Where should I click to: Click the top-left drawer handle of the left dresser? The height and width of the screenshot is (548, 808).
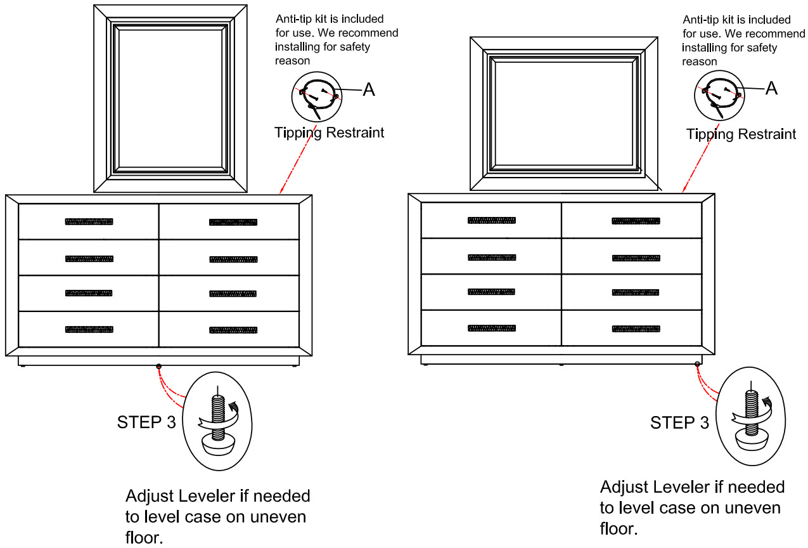tap(89, 221)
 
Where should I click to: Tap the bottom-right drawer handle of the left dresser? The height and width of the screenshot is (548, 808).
tap(233, 330)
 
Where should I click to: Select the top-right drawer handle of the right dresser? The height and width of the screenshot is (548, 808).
tap(636, 221)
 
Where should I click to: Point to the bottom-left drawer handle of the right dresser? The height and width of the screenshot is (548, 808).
tap(492, 328)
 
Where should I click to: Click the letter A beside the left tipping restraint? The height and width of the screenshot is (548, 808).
tap(369, 89)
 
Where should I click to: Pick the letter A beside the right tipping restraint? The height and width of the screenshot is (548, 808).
tap(772, 88)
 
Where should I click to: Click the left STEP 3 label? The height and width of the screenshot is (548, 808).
tap(146, 422)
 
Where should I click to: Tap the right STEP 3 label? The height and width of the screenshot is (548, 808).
tap(679, 422)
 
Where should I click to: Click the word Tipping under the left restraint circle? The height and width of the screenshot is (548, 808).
tap(298, 133)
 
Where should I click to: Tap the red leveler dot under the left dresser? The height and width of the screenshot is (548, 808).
tap(158, 367)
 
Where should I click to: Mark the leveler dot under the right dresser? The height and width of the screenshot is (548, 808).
tap(697, 364)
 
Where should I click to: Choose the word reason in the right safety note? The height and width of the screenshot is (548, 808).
tap(700, 62)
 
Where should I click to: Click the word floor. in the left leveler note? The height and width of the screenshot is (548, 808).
tap(144, 537)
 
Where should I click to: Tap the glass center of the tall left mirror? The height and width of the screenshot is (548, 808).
tap(170, 98)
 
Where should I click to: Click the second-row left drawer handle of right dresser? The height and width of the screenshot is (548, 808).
tap(492, 258)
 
